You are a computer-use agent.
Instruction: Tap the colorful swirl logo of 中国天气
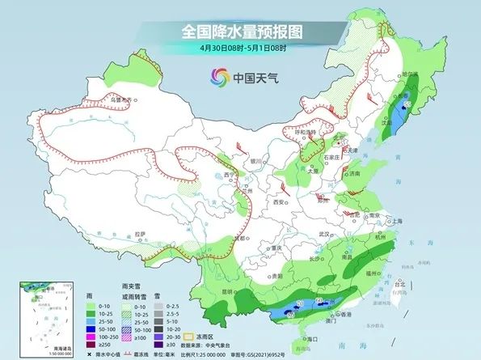(x=219, y=78)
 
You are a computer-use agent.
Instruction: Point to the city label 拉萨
(x=141, y=234)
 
